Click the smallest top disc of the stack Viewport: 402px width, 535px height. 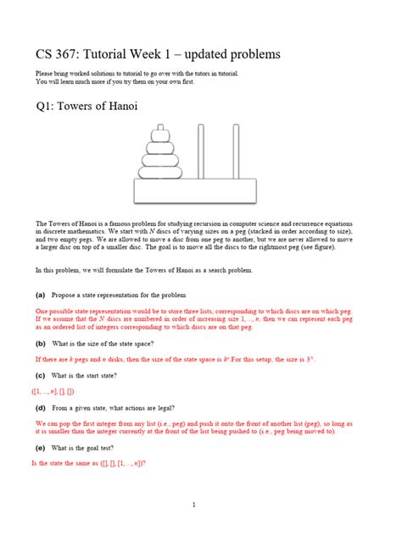click(159, 134)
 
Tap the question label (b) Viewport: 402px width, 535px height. click(40, 345)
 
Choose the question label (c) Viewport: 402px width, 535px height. click(40, 375)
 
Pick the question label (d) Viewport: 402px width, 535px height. click(40, 407)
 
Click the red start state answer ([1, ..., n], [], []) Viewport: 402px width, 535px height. click(53, 391)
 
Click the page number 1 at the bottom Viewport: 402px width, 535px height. click(194, 505)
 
